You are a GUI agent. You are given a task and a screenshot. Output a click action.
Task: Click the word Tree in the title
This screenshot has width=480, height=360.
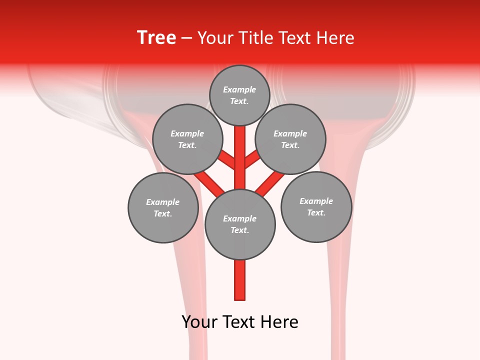pyautogui.click(x=156, y=38)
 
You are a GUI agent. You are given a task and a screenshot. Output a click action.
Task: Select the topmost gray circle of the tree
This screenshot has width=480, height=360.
pyautogui.click(x=239, y=95)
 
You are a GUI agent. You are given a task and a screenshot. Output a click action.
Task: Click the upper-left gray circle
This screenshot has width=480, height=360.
pyautogui.click(x=187, y=139)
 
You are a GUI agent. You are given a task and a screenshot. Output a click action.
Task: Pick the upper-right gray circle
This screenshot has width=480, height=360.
pyautogui.click(x=290, y=139)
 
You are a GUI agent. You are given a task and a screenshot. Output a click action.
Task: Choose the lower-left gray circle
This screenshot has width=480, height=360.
pyautogui.click(x=163, y=207)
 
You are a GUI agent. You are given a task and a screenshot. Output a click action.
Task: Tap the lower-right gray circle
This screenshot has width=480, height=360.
pyautogui.click(x=316, y=206)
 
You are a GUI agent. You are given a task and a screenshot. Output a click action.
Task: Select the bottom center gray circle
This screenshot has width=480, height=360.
pyautogui.click(x=240, y=224)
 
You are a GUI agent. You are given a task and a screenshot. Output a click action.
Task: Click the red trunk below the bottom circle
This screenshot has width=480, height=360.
pyautogui.click(x=240, y=280)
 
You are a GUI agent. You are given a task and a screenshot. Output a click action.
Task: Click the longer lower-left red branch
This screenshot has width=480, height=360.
pyautogui.click(x=209, y=183)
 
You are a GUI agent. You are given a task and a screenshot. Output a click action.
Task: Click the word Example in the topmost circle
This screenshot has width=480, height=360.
pyautogui.click(x=239, y=89)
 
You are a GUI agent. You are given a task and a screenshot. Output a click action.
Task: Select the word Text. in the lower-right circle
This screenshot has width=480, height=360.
pyautogui.click(x=316, y=212)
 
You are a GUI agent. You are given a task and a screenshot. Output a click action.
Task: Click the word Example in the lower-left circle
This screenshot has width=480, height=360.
pyautogui.click(x=163, y=202)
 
